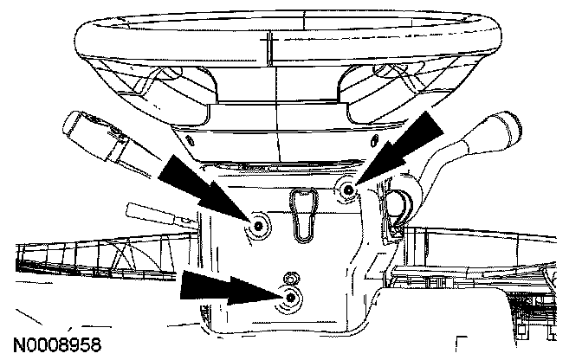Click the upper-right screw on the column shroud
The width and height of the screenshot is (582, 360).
(x=346, y=189)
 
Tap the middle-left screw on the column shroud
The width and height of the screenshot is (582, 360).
(x=259, y=227)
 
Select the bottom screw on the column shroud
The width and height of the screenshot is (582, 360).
(x=290, y=299)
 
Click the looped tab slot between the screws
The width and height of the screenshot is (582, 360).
(x=301, y=213)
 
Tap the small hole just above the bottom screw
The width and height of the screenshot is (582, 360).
(x=289, y=277)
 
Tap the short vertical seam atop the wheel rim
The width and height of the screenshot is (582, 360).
(x=270, y=43)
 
